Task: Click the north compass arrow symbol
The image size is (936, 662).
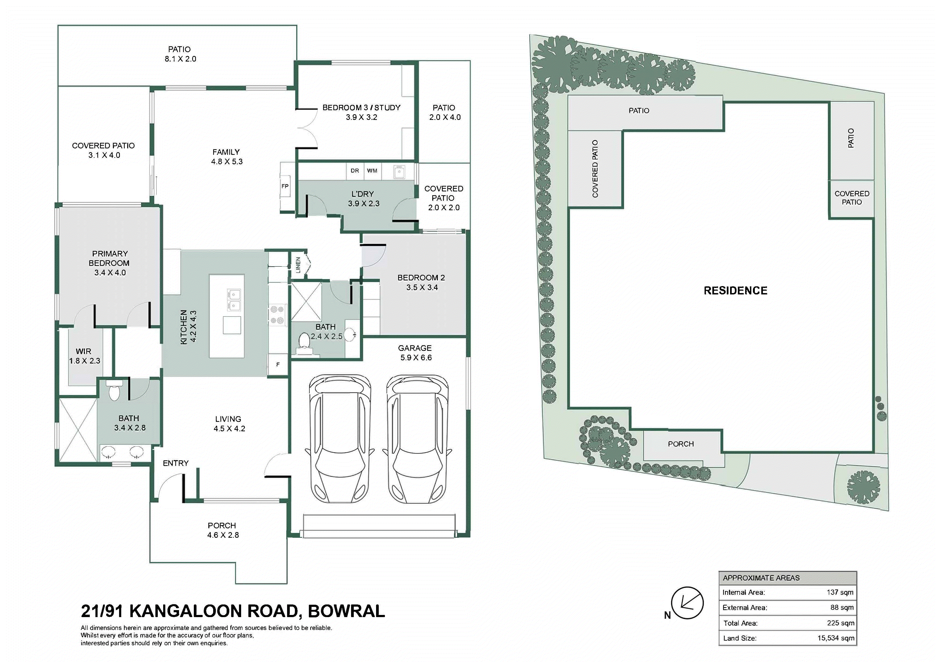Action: pos(687,603)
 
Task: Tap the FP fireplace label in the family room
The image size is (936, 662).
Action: pos(285,186)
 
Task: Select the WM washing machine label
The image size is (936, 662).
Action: pos(372,170)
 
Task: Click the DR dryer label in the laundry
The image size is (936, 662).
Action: pos(355,170)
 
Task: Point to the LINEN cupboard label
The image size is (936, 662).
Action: pos(298,265)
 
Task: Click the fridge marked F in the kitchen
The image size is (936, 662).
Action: pos(278,365)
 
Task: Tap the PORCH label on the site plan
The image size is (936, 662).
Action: pos(681,444)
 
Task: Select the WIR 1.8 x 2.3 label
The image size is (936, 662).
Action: pos(84,356)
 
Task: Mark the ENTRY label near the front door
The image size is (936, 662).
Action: pos(176,463)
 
